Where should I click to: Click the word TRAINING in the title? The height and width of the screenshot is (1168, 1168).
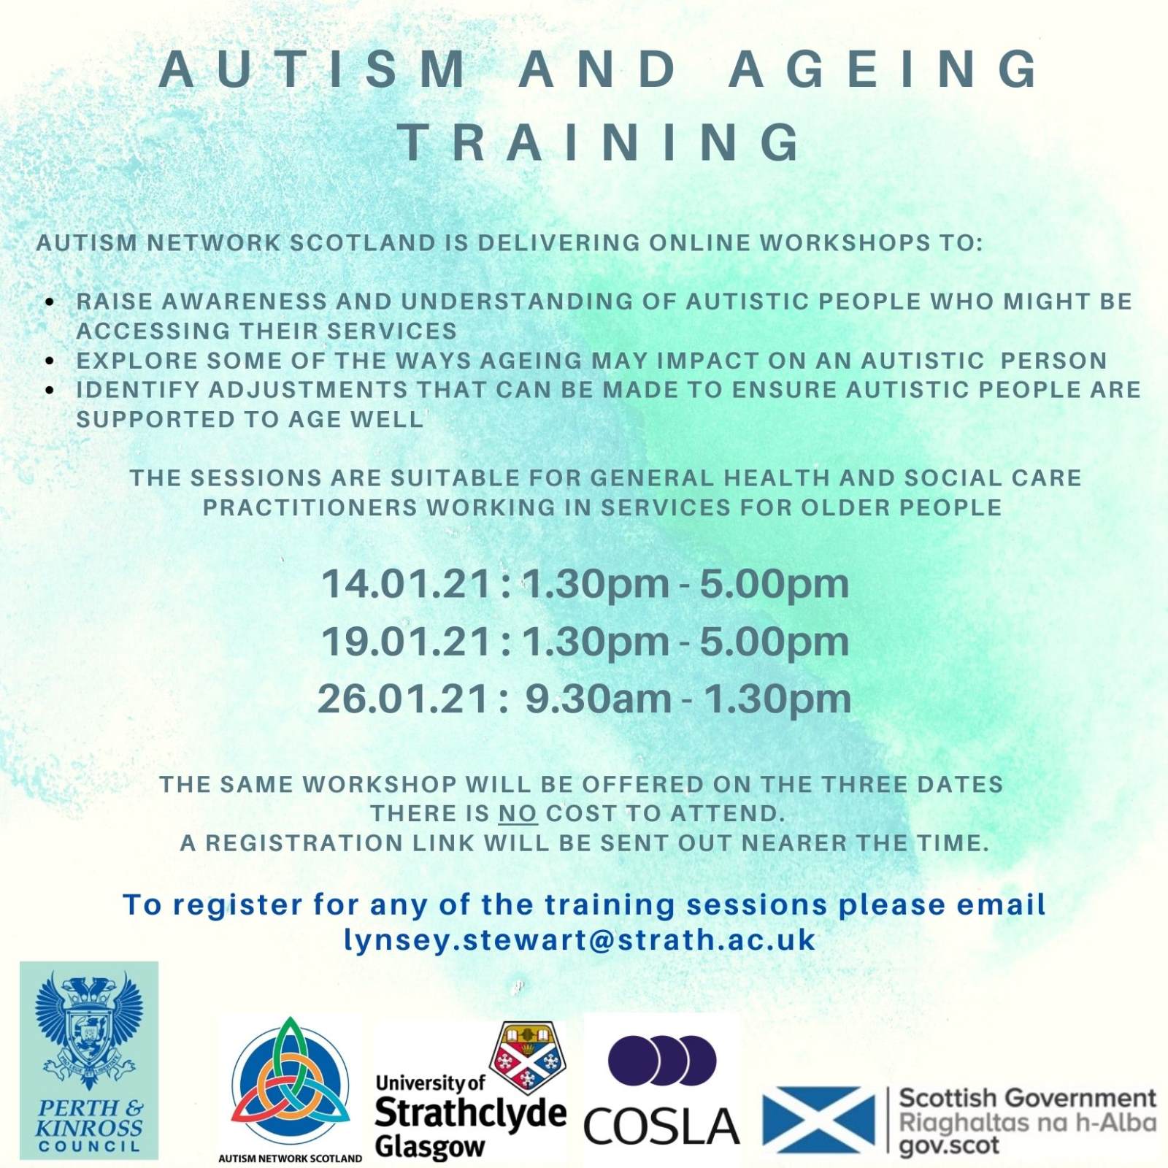coord(600,142)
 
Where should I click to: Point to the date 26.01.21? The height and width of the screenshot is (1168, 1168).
coord(404,699)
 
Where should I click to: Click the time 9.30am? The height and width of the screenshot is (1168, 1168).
coord(599,699)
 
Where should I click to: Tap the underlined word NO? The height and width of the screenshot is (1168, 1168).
coord(518,813)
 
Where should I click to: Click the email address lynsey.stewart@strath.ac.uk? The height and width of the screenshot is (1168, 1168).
coord(580,940)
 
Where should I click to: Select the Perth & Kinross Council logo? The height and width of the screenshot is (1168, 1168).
coord(89,1060)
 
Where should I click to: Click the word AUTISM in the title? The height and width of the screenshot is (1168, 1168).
coord(314,69)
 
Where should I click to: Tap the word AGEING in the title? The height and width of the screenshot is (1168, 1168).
coord(885,69)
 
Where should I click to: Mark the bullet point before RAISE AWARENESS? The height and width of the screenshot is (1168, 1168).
coord(50,302)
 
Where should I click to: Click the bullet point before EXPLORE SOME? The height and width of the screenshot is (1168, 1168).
coord(50,361)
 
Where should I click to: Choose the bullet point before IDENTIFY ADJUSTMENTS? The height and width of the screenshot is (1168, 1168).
coord(50,391)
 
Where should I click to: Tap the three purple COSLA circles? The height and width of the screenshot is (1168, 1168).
coord(662,1060)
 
